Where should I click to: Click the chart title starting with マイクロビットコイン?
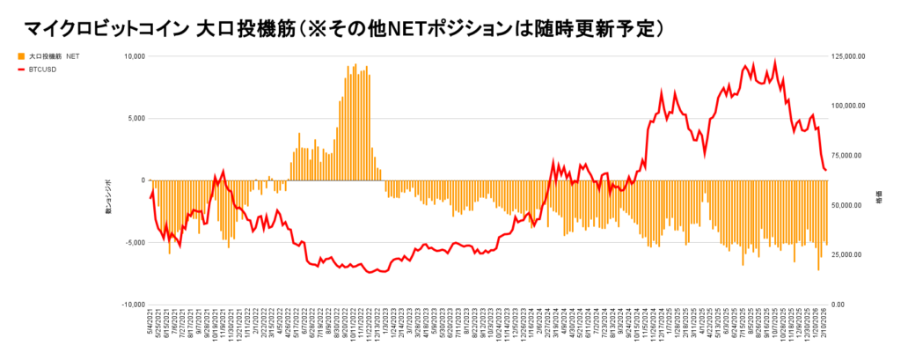[x=343, y=27]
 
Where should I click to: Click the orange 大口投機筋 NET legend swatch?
[x=21, y=55]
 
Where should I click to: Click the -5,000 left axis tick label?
[x=134, y=243]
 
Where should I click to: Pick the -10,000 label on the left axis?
[x=132, y=305]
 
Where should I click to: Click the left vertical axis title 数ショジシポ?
[x=109, y=198]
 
